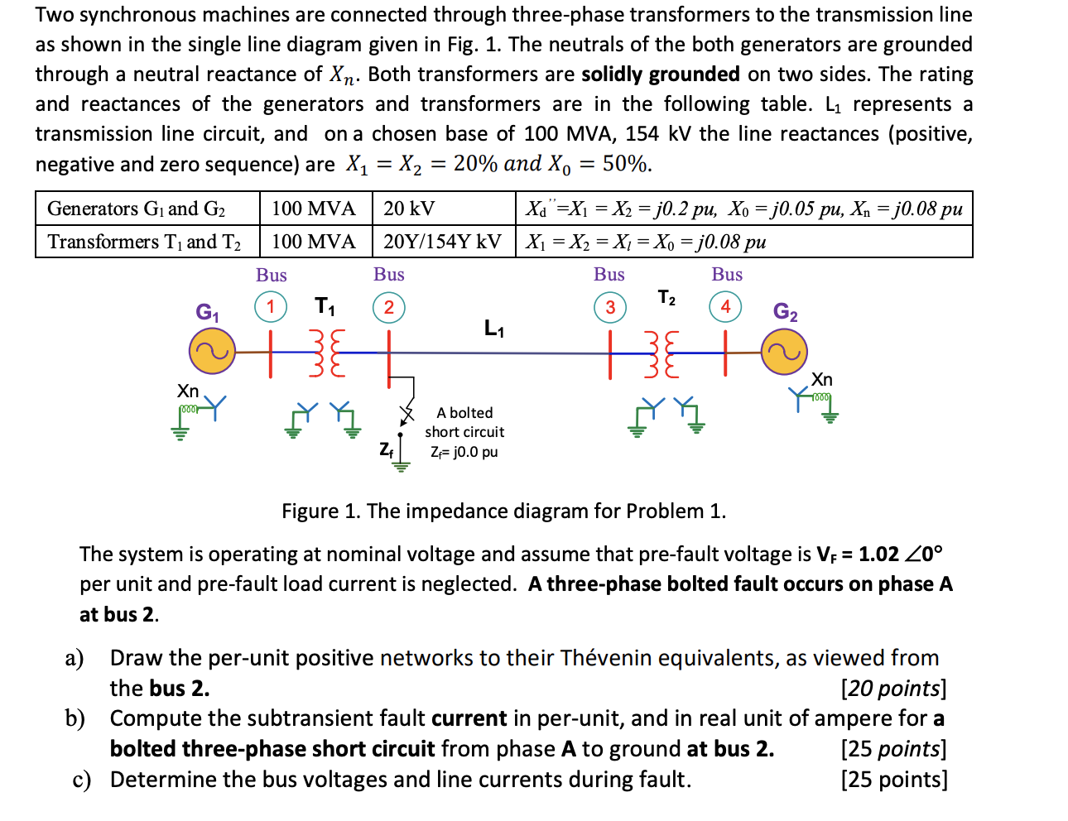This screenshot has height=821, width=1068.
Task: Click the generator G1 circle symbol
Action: coord(212,352)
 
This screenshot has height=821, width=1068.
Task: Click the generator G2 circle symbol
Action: coord(783,352)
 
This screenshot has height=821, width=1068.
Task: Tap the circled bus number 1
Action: coord(270,306)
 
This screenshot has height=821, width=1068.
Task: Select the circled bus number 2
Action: coord(388,307)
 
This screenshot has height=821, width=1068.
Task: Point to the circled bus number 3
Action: coord(610,307)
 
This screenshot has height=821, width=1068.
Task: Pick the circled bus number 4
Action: coord(725,307)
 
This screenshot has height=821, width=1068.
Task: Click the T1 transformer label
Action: coord(325,307)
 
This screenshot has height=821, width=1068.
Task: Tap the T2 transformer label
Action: coord(666,298)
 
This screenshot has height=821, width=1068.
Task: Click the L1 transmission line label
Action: coord(494,329)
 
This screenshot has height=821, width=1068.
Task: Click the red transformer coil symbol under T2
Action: coord(661,353)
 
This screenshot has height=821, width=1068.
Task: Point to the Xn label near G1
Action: coord(188,391)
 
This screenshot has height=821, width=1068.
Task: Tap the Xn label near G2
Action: coord(821,379)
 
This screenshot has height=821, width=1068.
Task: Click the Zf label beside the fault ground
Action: coord(387,449)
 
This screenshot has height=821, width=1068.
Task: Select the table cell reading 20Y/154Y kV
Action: coord(442,242)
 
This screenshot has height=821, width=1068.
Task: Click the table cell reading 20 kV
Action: coord(409,209)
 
